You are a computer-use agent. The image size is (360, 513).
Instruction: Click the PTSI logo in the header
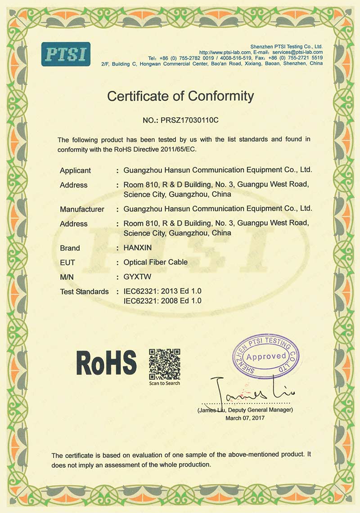click(x=66, y=54)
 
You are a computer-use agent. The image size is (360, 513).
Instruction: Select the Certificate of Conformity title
click(x=180, y=96)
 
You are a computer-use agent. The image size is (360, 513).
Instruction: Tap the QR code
click(x=165, y=364)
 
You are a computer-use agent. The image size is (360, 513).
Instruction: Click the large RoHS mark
click(x=106, y=362)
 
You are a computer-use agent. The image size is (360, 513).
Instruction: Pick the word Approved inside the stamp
click(x=266, y=357)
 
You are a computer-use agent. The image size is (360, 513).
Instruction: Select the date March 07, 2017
click(x=245, y=418)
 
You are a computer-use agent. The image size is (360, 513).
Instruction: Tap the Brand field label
click(x=70, y=248)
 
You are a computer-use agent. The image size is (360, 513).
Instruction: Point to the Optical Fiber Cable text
click(x=156, y=263)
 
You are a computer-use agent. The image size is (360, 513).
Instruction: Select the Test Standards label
click(x=84, y=292)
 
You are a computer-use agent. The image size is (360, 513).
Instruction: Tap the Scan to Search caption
click(x=165, y=383)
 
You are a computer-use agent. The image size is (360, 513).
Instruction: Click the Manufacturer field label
click(x=82, y=209)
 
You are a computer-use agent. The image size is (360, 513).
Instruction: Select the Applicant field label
click(x=75, y=170)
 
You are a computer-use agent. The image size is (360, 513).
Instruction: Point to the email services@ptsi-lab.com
click(x=297, y=52)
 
